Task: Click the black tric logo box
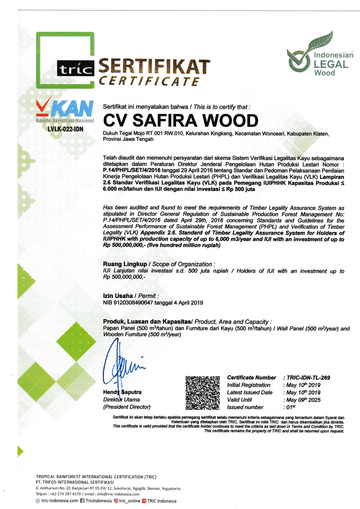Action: pos(76,68)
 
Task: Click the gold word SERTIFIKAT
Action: pos(154,67)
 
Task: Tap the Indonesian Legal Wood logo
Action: pos(319,54)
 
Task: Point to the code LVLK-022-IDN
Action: pos(65,129)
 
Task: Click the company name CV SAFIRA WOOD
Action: pos(180,120)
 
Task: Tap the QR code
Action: pos(203,393)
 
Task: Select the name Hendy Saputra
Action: pos(122,392)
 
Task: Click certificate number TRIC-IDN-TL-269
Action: pos(308,378)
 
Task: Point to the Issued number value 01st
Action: pos(291,407)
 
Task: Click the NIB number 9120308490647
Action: pos(133,303)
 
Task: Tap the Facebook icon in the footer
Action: pos(82,501)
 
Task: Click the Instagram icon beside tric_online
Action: pos(116,501)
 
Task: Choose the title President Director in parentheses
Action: pos(127,407)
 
